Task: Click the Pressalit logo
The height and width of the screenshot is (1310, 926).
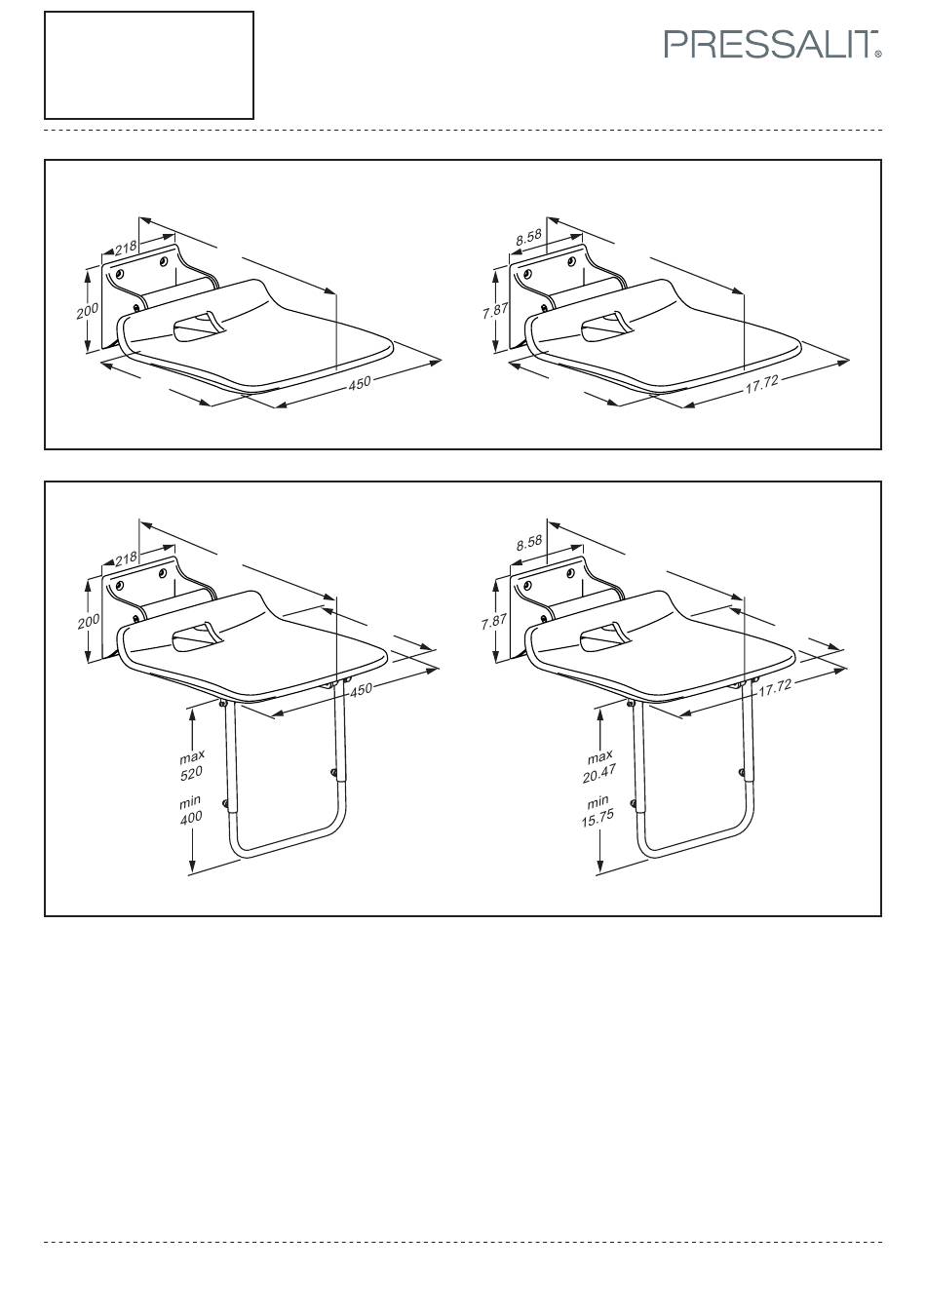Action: [x=772, y=45]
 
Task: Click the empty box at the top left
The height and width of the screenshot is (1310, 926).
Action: [x=149, y=65]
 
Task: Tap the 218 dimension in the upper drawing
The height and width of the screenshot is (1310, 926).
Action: [x=126, y=248]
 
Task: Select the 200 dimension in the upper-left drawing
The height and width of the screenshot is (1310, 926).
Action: [x=88, y=310]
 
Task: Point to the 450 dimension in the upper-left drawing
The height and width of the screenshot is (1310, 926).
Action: [x=360, y=383]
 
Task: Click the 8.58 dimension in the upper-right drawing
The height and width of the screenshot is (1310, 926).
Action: [x=529, y=237]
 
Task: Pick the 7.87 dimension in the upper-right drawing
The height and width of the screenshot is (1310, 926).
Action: [x=495, y=311]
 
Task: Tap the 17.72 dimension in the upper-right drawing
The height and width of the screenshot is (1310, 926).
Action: [x=761, y=384]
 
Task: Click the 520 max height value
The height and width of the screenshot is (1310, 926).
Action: [x=191, y=773]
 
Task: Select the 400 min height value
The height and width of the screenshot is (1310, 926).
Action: [x=191, y=817]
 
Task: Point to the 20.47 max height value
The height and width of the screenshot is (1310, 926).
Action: [x=599, y=774]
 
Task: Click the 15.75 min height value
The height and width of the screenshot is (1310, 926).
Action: [x=598, y=818]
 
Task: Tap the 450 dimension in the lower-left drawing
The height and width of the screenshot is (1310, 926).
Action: [x=361, y=690]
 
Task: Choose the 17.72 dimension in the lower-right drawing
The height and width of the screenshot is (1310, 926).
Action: [x=775, y=689]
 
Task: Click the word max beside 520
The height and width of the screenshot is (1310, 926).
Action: [x=192, y=756]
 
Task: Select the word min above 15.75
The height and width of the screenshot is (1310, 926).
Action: [x=598, y=800]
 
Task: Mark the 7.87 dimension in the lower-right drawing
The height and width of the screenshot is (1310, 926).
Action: [x=494, y=621]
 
